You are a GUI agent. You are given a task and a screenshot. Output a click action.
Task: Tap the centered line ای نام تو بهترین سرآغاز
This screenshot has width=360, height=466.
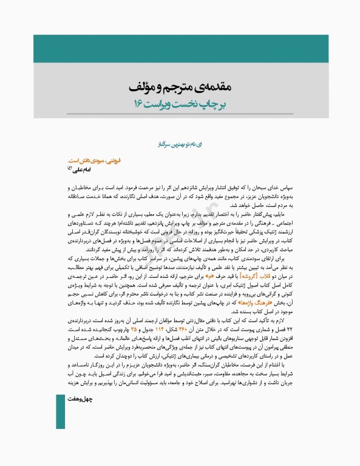pos(180,146)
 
